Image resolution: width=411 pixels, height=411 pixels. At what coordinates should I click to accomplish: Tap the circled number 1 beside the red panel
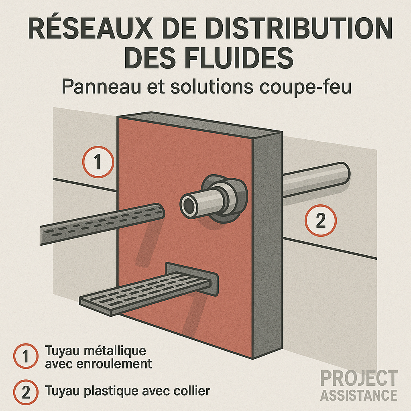tap(98, 162)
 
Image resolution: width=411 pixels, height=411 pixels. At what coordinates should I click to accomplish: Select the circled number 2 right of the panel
tap(321, 220)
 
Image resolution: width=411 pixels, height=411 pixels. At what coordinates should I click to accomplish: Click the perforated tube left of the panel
tap(103, 224)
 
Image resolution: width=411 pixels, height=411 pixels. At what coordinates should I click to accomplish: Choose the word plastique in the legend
tap(111, 391)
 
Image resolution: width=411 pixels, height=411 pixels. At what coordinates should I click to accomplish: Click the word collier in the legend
tap(193, 391)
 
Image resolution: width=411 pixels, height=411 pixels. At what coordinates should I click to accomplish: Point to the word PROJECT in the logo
tap(359, 378)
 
